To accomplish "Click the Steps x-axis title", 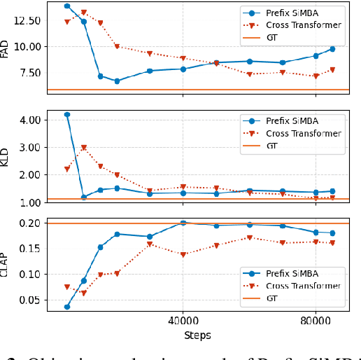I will pyautogui.click(x=197, y=335).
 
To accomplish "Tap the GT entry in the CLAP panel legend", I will pyautogui.click(x=272, y=299).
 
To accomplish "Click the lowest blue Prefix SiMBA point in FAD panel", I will pyautogui.click(x=117, y=81).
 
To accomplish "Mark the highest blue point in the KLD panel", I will pyautogui.click(x=67, y=114).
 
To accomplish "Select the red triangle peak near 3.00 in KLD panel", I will pyautogui.click(x=84, y=148).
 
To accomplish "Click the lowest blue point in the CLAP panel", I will pyautogui.click(x=67, y=307).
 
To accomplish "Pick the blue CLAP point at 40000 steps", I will pyautogui.click(x=183, y=223).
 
